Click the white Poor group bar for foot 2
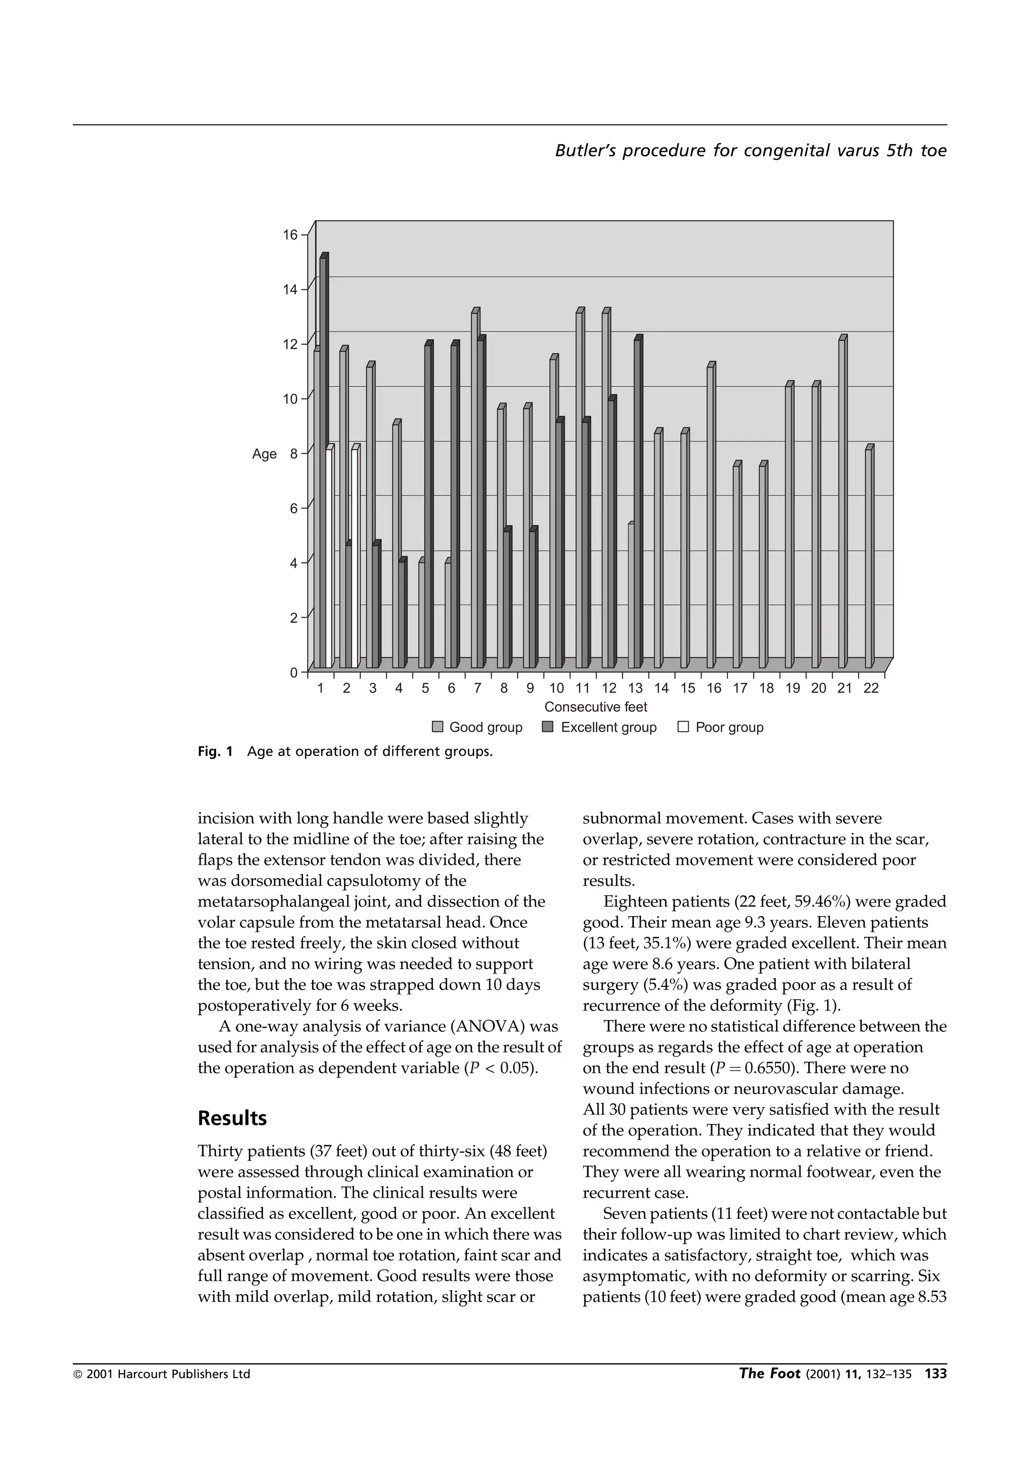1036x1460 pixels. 355,560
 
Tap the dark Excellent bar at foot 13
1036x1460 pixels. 637,504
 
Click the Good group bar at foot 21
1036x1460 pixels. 842,504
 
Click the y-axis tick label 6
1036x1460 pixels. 294,509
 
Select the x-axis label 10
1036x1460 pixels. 556,689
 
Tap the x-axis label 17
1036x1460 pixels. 740,689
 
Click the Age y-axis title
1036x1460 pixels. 264,454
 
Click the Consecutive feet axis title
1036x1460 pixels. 595,707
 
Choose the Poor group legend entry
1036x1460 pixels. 721,727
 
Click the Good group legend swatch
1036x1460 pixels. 438,727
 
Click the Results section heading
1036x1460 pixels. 232,1118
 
